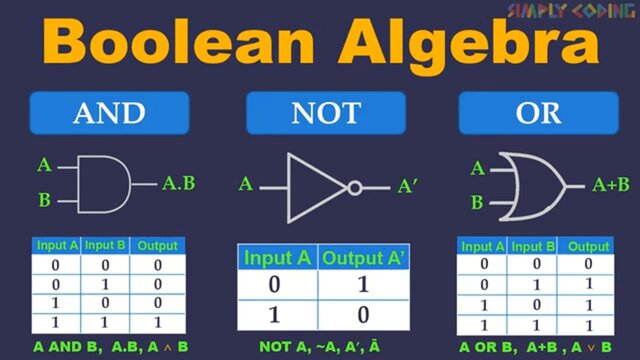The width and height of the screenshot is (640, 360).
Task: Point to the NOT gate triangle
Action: click(x=315, y=186)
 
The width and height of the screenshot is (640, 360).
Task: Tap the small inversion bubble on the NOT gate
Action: click(x=354, y=186)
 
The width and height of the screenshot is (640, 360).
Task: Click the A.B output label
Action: click(x=179, y=183)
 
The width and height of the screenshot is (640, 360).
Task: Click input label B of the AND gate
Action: click(x=44, y=200)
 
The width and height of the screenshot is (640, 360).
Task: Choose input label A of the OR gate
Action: click(x=477, y=169)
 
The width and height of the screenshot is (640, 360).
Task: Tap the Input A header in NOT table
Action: click(x=278, y=258)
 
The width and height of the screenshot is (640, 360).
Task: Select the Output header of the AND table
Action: click(x=157, y=245)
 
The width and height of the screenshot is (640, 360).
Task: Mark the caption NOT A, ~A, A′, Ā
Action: click(x=319, y=346)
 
